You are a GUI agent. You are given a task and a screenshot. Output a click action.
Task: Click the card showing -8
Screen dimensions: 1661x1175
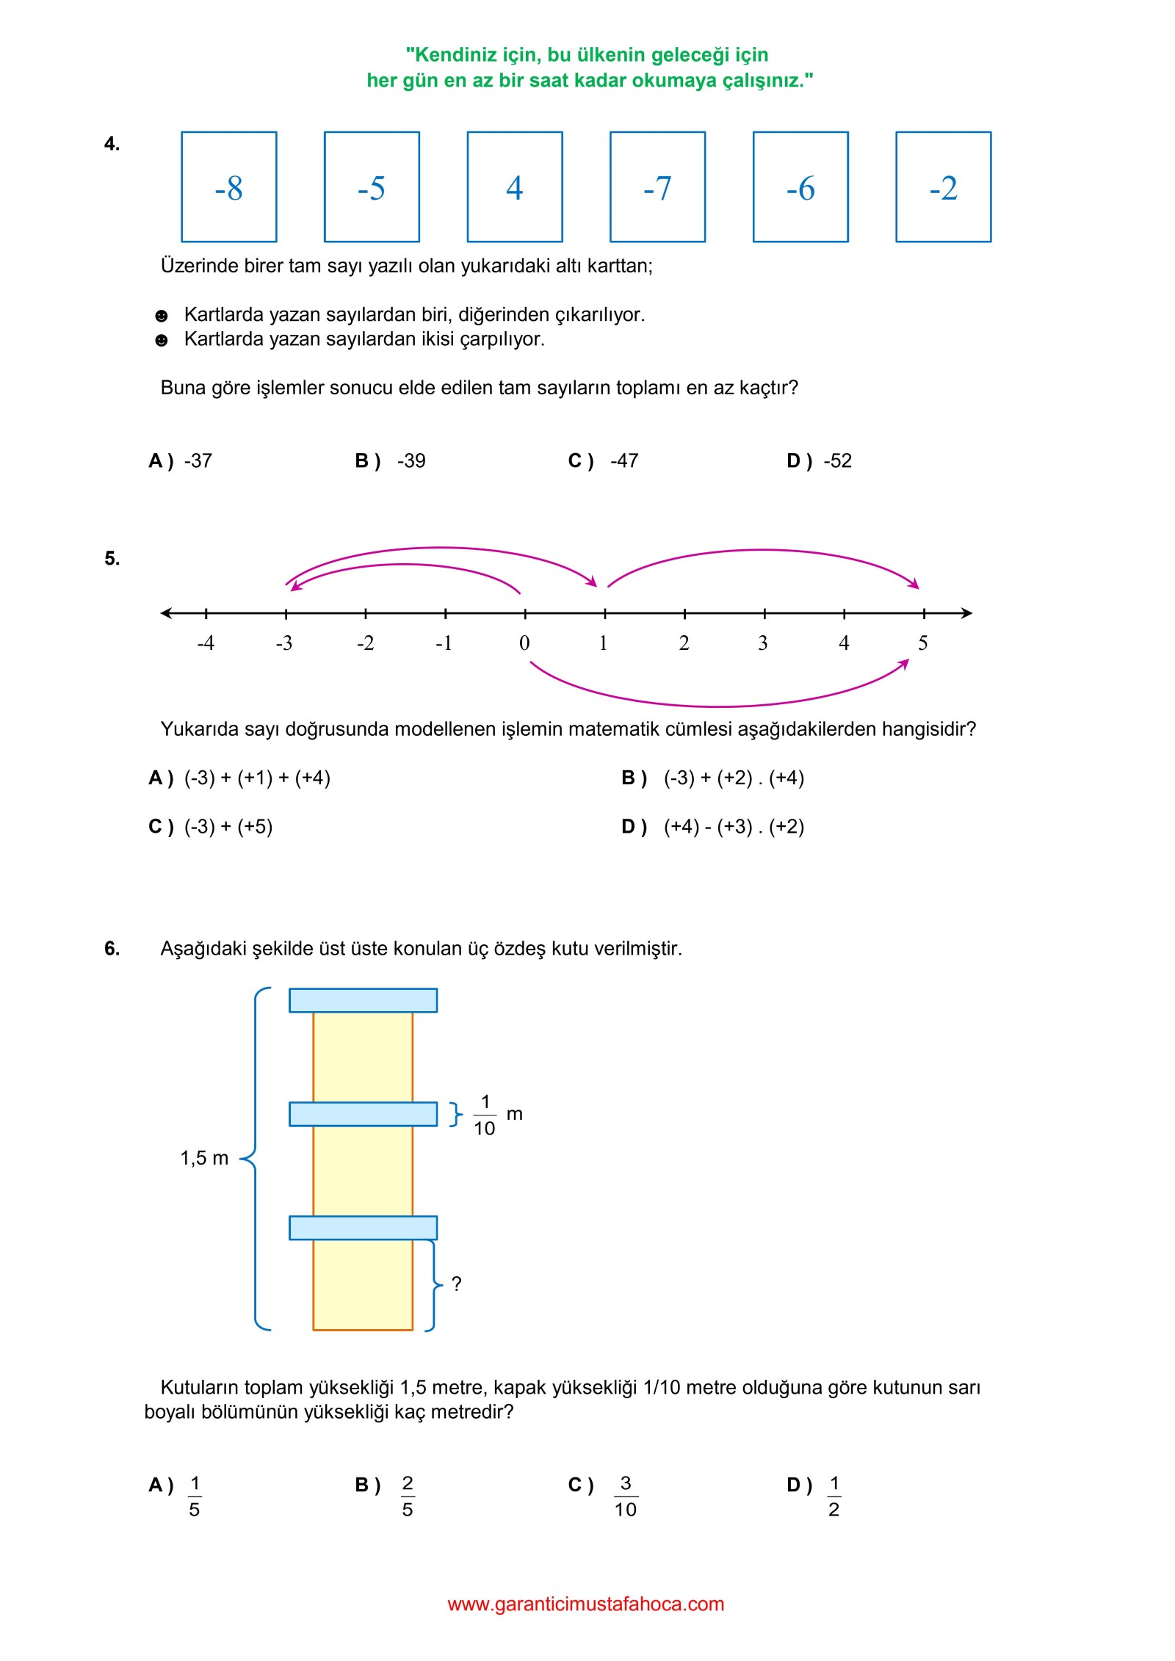coord(228,187)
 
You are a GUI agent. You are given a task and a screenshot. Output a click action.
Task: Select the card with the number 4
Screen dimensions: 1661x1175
coord(514,187)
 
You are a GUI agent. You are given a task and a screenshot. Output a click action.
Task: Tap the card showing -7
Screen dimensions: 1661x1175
coord(657,187)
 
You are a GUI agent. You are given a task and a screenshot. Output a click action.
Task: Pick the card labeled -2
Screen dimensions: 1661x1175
coord(943,187)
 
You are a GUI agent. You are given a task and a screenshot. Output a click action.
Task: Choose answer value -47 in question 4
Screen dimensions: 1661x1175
coord(624,461)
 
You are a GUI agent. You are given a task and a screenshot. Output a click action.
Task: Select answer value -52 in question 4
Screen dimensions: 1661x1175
coord(837,461)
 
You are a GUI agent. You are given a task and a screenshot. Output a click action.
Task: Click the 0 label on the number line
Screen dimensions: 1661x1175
coord(524,643)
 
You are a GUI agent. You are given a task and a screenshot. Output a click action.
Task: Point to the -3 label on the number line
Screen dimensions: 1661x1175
coord(284,643)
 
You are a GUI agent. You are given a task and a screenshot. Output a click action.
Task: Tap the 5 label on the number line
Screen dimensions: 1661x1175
coord(923,643)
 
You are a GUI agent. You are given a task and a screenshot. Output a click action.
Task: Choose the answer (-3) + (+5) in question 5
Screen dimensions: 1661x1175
coord(228,827)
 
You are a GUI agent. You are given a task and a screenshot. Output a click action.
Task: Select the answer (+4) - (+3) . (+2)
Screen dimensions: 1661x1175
coord(734,827)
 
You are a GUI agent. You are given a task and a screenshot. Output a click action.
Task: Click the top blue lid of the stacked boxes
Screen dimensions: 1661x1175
coord(363,1000)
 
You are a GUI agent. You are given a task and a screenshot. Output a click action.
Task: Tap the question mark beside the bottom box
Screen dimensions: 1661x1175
coord(456,1284)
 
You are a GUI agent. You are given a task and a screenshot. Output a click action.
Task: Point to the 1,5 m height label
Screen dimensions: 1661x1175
coord(204,1159)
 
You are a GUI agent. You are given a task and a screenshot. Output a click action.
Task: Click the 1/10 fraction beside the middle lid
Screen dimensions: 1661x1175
coord(485,1115)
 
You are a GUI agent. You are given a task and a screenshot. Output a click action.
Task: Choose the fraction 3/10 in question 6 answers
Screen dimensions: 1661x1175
coord(626,1497)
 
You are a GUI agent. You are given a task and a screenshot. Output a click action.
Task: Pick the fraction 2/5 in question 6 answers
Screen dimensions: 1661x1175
coord(408,1497)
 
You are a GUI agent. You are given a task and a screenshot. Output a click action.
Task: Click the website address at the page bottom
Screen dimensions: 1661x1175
coord(586,1604)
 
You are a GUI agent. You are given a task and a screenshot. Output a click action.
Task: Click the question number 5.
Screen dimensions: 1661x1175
coord(112,559)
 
